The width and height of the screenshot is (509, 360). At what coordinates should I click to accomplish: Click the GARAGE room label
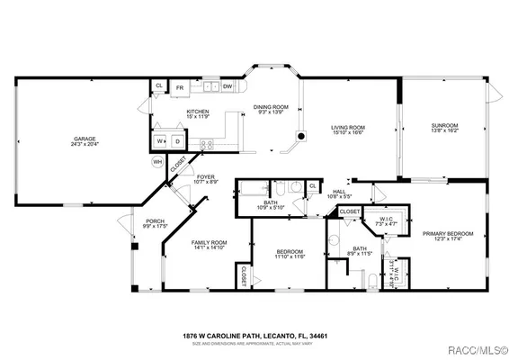[x=85, y=139]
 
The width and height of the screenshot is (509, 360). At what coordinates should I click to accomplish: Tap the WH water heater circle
[x=157, y=162]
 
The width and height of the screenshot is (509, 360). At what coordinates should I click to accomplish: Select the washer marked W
[x=160, y=141]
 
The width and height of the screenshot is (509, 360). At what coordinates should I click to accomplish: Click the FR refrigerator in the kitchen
[x=180, y=87]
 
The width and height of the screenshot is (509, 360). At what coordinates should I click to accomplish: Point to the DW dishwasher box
[x=228, y=87]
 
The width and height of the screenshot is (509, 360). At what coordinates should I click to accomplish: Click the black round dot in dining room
[x=301, y=137]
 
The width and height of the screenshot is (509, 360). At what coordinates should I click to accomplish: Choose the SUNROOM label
[x=444, y=125]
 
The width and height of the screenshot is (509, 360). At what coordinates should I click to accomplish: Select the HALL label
[x=339, y=191]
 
